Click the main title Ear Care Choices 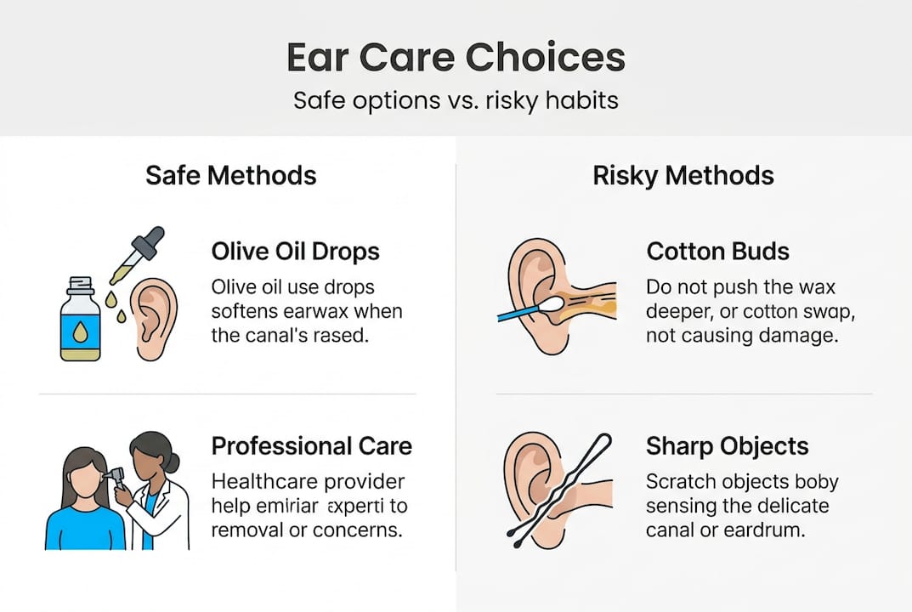tap(456, 58)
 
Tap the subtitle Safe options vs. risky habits tap(456, 100)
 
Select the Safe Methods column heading tap(231, 175)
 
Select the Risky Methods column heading tap(683, 175)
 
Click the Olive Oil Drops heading tap(295, 252)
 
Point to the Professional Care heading tap(311, 446)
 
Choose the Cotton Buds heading tap(718, 252)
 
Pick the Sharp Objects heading tap(727, 446)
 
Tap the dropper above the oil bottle tap(135, 255)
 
